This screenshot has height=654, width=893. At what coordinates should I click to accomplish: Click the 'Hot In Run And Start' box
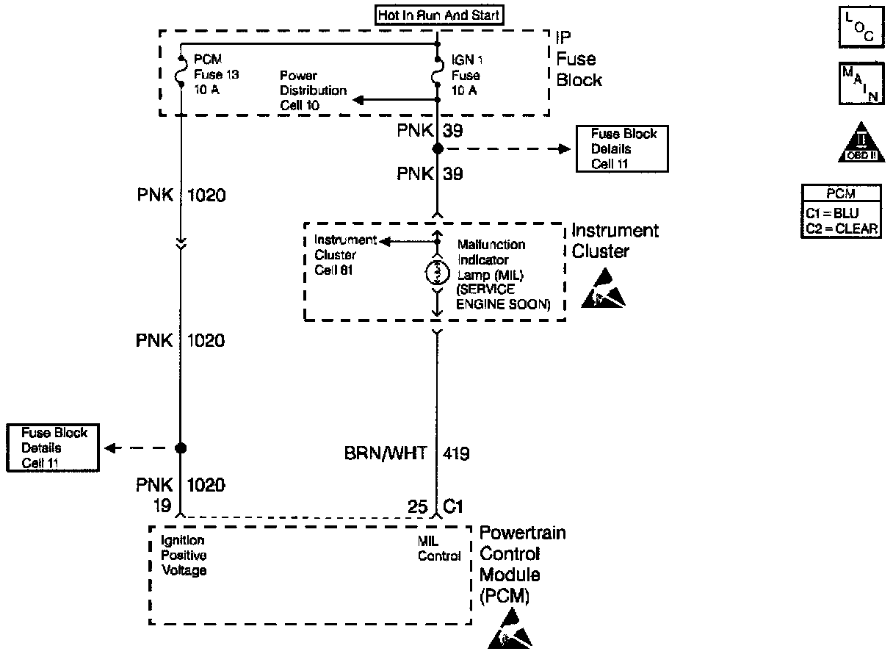tap(438, 15)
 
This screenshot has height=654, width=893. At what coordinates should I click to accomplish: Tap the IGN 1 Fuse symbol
tap(438, 73)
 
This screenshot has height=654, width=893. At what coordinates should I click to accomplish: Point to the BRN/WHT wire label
tap(385, 453)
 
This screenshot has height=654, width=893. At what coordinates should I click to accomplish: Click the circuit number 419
tap(456, 453)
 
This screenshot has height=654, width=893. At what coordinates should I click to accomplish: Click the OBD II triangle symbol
tap(857, 143)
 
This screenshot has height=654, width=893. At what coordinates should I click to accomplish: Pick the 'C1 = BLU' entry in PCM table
tap(842, 214)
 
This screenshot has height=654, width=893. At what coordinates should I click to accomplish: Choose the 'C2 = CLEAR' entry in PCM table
tap(842, 229)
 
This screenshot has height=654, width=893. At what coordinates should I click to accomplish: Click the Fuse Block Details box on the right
tap(621, 149)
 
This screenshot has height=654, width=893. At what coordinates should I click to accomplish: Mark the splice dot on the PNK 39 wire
tap(438, 149)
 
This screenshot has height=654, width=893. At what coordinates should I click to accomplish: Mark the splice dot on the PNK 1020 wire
tap(181, 448)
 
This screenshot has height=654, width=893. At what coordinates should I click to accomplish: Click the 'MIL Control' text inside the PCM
tap(439, 548)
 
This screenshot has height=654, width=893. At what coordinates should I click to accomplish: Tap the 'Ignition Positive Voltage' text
tap(184, 556)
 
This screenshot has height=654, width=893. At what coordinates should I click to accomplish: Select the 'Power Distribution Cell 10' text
tap(313, 90)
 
